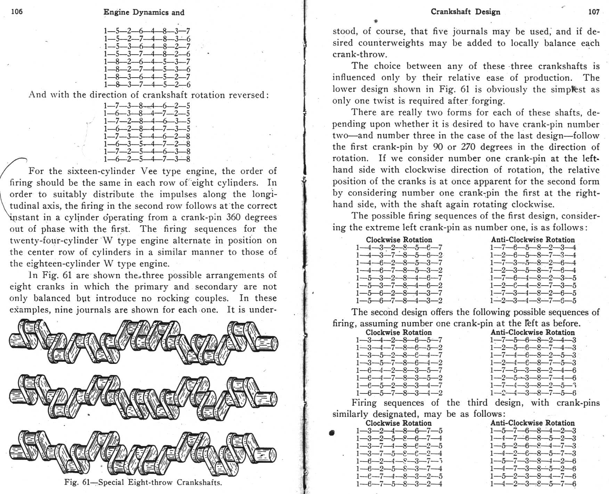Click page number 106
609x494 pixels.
17,11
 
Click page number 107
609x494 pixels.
594,12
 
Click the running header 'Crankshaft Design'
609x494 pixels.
465,12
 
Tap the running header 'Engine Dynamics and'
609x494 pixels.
144,12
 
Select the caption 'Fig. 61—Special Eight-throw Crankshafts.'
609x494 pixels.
143,483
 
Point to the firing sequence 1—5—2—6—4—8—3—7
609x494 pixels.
147,31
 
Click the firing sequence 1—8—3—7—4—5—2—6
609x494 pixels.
147,85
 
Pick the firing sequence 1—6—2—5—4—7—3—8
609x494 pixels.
147,159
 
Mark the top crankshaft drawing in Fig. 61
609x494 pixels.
143,341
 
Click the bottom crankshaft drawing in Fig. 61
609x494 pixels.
143,452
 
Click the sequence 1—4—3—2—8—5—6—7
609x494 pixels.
399,248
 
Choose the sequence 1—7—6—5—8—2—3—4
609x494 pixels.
533,248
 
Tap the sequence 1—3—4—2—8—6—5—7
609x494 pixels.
399,340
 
